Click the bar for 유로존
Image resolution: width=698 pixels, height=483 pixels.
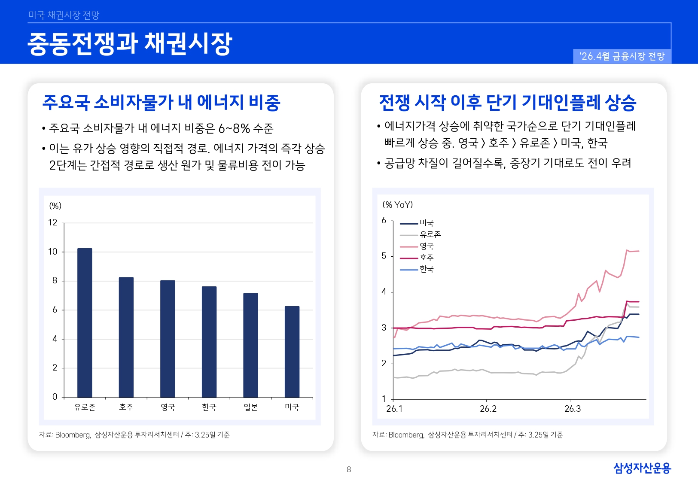click(x=85, y=323)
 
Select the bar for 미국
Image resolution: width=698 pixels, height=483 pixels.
click(x=292, y=352)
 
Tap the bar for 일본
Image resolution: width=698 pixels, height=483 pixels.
click(x=250, y=345)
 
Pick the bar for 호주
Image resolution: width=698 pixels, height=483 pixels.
click(x=126, y=337)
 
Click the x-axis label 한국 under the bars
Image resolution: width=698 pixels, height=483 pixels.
click(x=209, y=407)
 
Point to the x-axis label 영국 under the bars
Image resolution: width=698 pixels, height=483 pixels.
click(x=168, y=407)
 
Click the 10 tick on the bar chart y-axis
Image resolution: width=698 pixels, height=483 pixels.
click(x=53, y=252)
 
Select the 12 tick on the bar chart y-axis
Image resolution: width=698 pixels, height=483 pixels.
click(x=53, y=222)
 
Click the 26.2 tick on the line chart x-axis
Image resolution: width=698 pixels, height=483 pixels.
click(x=488, y=409)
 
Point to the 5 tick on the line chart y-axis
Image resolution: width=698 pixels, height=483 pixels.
click(x=384, y=256)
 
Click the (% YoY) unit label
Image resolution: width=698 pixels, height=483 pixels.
click(x=397, y=205)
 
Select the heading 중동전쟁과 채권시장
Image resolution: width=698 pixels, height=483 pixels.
click(x=130, y=44)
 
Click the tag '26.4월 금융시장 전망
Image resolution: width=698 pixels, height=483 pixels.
click(x=622, y=56)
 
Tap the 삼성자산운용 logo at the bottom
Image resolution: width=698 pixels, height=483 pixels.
click(x=642, y=468)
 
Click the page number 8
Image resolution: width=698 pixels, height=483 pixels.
click(x=349, y=470)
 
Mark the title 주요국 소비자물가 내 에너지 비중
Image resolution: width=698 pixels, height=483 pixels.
click(x=162, y=103)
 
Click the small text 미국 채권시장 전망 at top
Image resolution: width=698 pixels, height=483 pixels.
click(x=64, y=15)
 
